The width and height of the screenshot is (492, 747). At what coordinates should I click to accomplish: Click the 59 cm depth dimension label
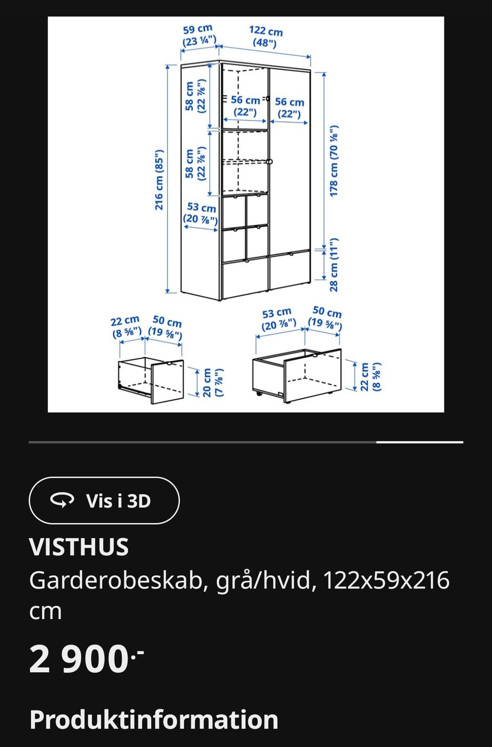click(198, 35)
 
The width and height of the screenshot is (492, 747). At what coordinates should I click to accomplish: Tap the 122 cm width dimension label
click(265, 36)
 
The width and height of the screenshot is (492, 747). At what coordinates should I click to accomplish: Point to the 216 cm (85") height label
click(159, 180)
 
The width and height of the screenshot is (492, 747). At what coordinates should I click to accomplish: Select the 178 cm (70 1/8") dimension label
click(334, 161)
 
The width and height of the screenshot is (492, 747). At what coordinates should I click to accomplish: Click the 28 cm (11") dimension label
click(334, 265)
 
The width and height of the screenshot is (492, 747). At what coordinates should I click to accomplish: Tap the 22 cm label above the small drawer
click(126, 327)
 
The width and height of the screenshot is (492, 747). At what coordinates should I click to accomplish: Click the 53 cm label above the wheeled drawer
click(278, 318)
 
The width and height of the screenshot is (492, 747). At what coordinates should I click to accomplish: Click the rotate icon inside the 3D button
click(62, 500)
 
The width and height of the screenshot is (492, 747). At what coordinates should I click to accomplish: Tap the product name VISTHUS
click(79, 547)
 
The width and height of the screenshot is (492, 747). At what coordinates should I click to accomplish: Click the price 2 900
click(79, 659)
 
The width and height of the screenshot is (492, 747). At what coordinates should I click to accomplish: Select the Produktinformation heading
click(154, 719)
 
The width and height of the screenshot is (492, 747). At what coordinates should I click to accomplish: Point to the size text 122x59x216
click(386, 581)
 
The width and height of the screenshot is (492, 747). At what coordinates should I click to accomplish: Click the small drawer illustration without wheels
click(151, 380)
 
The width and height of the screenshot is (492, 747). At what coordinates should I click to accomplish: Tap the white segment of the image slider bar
click(419, 442)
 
